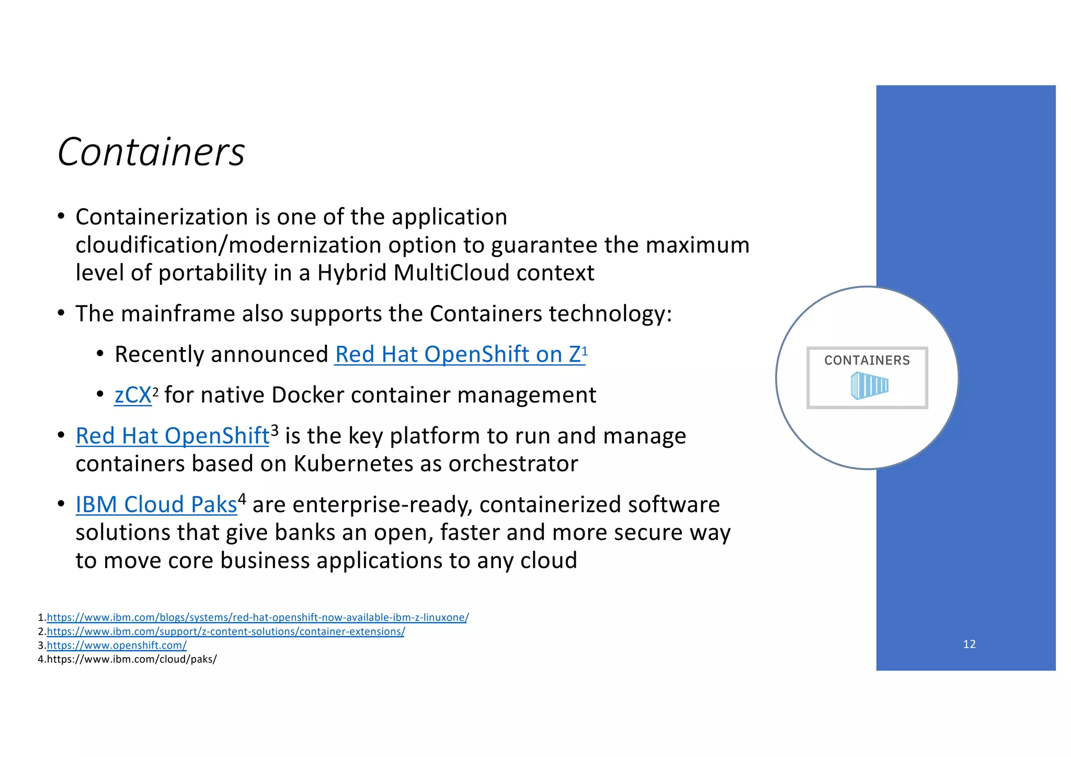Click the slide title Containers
click(x=151, y=152)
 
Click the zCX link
click(x=133, y=395)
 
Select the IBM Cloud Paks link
click(x=156, y=504)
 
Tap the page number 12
click(x=969, y=644)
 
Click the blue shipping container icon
click(x=869, y=386)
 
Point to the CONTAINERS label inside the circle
click(x=867, y=360)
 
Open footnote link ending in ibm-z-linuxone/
click(x=257, y=617)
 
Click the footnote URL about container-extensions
click(x=225, y=631)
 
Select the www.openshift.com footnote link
click(x=117, y=645)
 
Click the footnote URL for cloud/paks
click(x=131, y=659)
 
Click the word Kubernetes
click(x=350, y=464)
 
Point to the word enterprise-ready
click(x=383, y=504)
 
